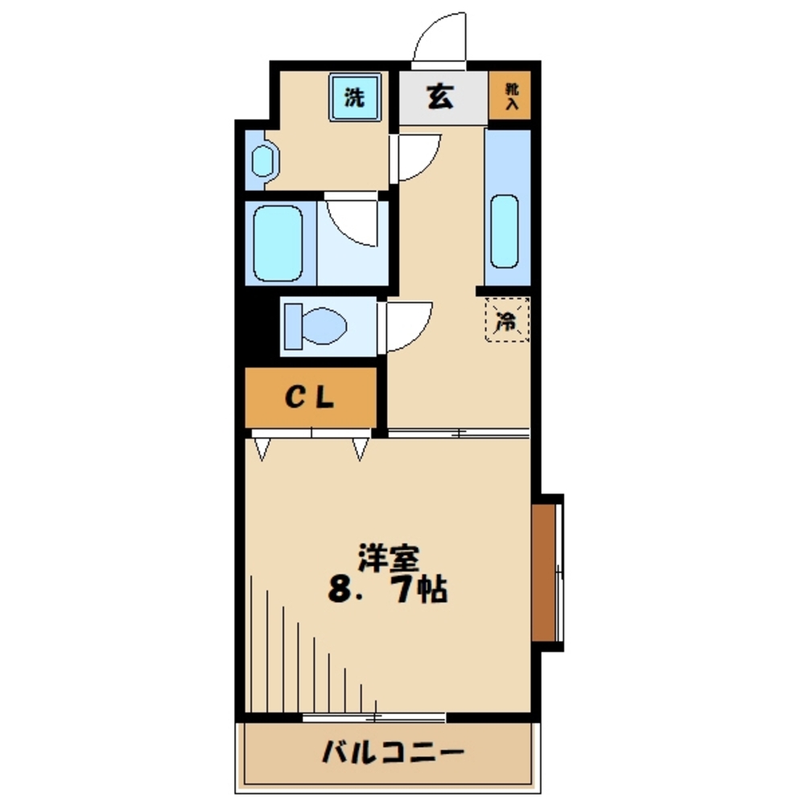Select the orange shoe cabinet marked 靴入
(510, 97)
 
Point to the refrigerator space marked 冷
(507, 321)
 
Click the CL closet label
(311, 398)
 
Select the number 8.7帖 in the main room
(386, 592)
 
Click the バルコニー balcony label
(393, 754)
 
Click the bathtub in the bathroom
(277, 242)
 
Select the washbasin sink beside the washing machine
(262, 160)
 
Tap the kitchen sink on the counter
(505, 231)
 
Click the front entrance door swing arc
(439, 38)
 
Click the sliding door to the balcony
(374, 716)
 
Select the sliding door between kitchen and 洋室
(459, 434)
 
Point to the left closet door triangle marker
(262, 448)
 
